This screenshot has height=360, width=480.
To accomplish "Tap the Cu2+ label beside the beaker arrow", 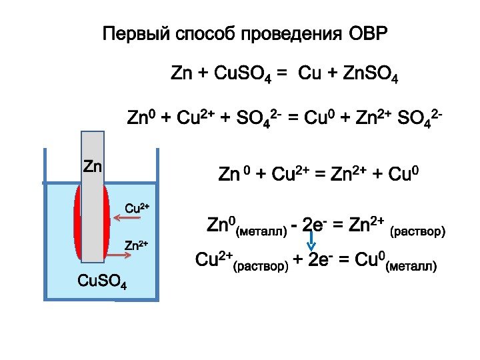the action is click(137, 207).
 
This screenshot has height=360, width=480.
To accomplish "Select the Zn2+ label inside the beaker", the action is click(137, 246).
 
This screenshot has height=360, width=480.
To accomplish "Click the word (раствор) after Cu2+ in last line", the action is click(260, 267).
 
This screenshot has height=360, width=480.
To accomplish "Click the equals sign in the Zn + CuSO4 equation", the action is click(283, 73).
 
